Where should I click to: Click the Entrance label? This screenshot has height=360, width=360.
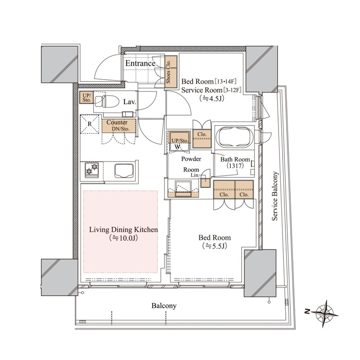click(140, 63)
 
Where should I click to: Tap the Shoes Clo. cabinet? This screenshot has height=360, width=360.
click(171, 72)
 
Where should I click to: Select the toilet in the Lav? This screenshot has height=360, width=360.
click(106, 101)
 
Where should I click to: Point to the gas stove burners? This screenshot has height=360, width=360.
click(92, 170)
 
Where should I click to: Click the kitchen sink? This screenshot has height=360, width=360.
click(124, 171)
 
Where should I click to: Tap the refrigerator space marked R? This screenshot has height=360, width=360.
click(90, 124)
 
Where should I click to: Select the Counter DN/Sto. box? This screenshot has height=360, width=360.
click(119, 126)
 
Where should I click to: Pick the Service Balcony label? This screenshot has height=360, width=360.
click(275, 196)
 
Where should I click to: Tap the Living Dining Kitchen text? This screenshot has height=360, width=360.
click(123, 229)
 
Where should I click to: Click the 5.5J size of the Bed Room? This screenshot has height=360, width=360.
click(215, 246)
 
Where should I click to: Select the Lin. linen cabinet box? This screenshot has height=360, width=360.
click(205, 183)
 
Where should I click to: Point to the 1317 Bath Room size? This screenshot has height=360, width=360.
click(235, 166)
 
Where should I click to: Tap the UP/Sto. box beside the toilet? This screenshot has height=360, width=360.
click(86, 97)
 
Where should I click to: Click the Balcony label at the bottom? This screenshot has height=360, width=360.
click(164, 306)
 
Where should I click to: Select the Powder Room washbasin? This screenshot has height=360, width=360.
click(183, 189)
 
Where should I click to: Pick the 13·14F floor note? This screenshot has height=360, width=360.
click(225, 81)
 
